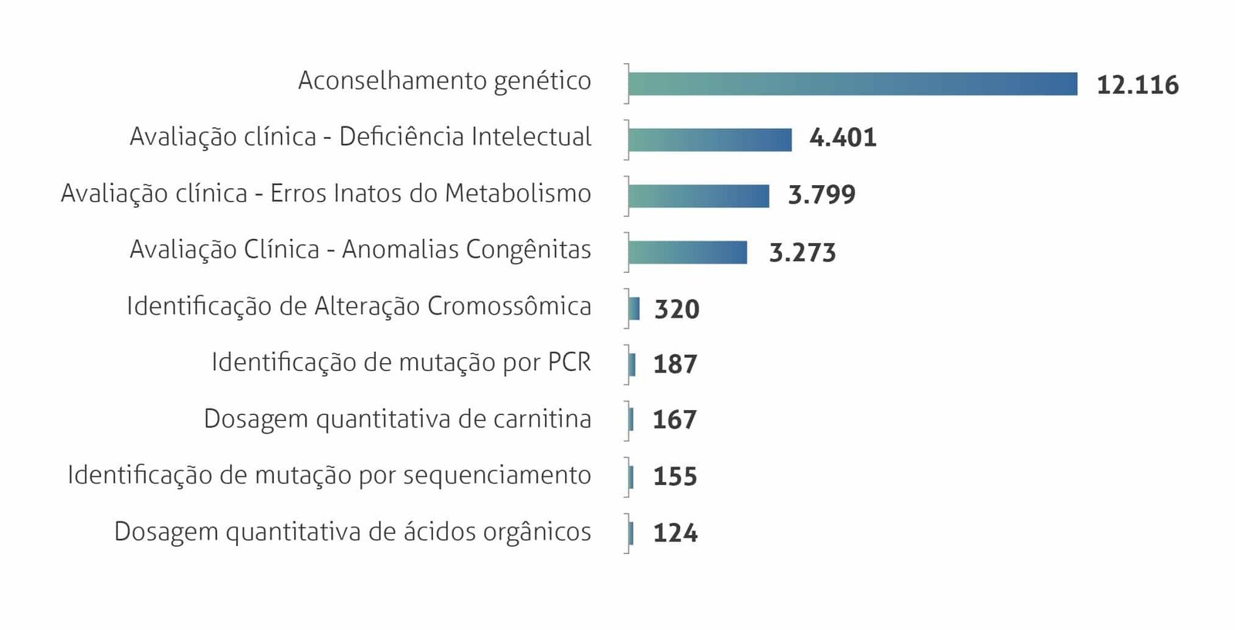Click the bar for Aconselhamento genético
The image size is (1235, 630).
click(852, 84)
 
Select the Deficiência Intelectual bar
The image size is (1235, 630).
click(710, 140)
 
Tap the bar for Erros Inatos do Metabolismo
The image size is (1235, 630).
click(699, 196)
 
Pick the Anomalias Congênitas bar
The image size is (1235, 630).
click(688, 252)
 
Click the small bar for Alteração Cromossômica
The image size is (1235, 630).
click(634, 308)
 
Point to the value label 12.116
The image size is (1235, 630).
click(1137, 85)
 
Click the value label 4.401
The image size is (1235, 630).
click(843, 138)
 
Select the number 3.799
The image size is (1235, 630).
click(821, 195)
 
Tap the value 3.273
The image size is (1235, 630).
click(802, 252)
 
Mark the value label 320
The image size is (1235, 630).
click(677, 309)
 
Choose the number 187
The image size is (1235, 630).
click(675, 364)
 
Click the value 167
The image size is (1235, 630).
click(675, 419)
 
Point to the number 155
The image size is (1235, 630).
click(675, 477)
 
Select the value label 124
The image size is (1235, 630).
click(675, 533)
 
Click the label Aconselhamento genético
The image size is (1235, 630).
click(445, 81)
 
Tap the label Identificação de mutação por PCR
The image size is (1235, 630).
click(401, 362)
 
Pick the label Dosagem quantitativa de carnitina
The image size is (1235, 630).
click(398, 419)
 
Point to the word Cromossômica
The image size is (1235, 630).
click(509, 306)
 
